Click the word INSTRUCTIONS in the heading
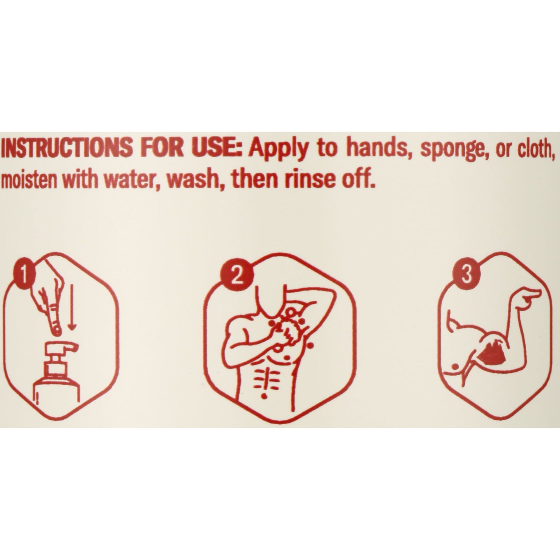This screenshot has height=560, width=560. pos(65,150)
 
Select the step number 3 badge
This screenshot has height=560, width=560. pos(466,272)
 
